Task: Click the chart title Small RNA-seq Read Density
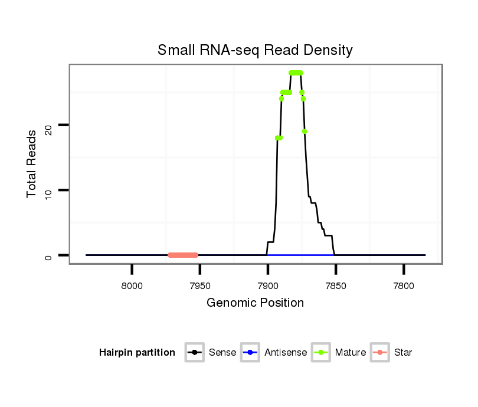[x=255, y=50]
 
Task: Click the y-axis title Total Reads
[x=33, y=163]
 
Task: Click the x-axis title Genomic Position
[x=255, y=303]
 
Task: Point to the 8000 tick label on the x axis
[x=132, y=286]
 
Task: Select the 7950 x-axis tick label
[x=200, y=286]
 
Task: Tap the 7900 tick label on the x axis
[x=268, y=286]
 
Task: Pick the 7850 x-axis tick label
[x=336, y=286]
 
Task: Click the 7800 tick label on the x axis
[x=404, y=286]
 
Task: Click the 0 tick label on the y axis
[x=48, y=255]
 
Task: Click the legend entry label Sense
[x=222, y=353]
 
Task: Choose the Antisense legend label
[x=286, y=353]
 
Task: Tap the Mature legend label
[x=351, y=353]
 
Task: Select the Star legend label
[x=403, y=353]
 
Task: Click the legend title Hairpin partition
[x=137, y=353]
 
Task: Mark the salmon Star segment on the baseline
[x=182, y=255]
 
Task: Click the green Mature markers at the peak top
[x=296, y=73]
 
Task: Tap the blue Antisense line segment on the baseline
[x=301, y=255]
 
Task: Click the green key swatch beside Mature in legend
[x=321, y=353]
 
